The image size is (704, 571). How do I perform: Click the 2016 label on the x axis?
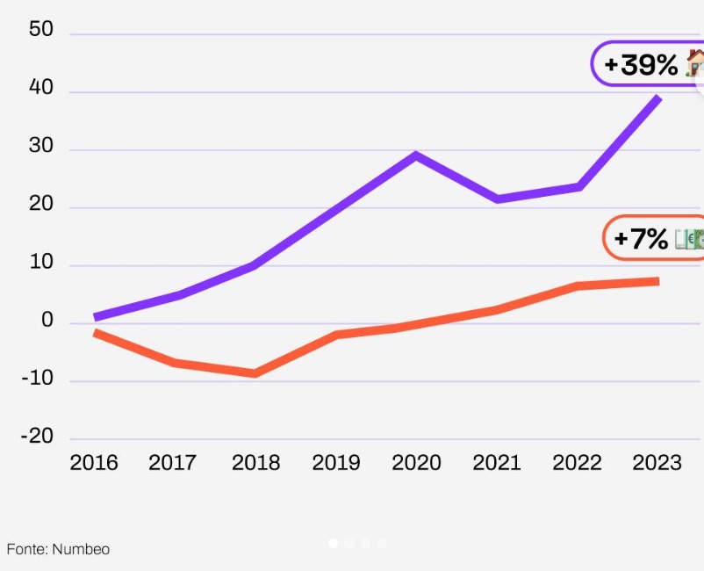(94, 462)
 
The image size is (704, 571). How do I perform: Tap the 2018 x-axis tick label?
(255, 462)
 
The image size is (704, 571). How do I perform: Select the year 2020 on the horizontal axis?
(416, 462)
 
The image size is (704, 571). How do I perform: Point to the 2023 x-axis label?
(657, 462)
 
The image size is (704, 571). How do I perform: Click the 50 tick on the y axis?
(41, 30)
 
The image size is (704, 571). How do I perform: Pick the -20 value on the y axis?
(37, 437)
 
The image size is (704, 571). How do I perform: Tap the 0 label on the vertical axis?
(47, 322)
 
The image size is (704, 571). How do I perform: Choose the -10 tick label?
(37, 379)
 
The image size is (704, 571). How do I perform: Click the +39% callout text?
(641, 64)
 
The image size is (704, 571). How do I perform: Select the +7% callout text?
(641, 238)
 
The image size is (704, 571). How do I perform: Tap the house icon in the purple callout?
(694, 62)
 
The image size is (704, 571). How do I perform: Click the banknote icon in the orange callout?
(690, 239)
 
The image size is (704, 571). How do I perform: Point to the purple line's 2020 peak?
(415, 155)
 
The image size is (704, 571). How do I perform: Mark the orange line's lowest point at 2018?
(255, 373)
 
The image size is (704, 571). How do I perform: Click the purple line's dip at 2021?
(498, 199)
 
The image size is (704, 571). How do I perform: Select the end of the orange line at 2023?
(657, 281)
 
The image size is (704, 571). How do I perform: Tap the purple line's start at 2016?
(96, 317)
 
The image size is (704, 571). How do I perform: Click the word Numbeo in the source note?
(81, 549)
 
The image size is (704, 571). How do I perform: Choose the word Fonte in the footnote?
(25, 549)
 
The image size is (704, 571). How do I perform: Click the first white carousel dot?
(334, 544)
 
